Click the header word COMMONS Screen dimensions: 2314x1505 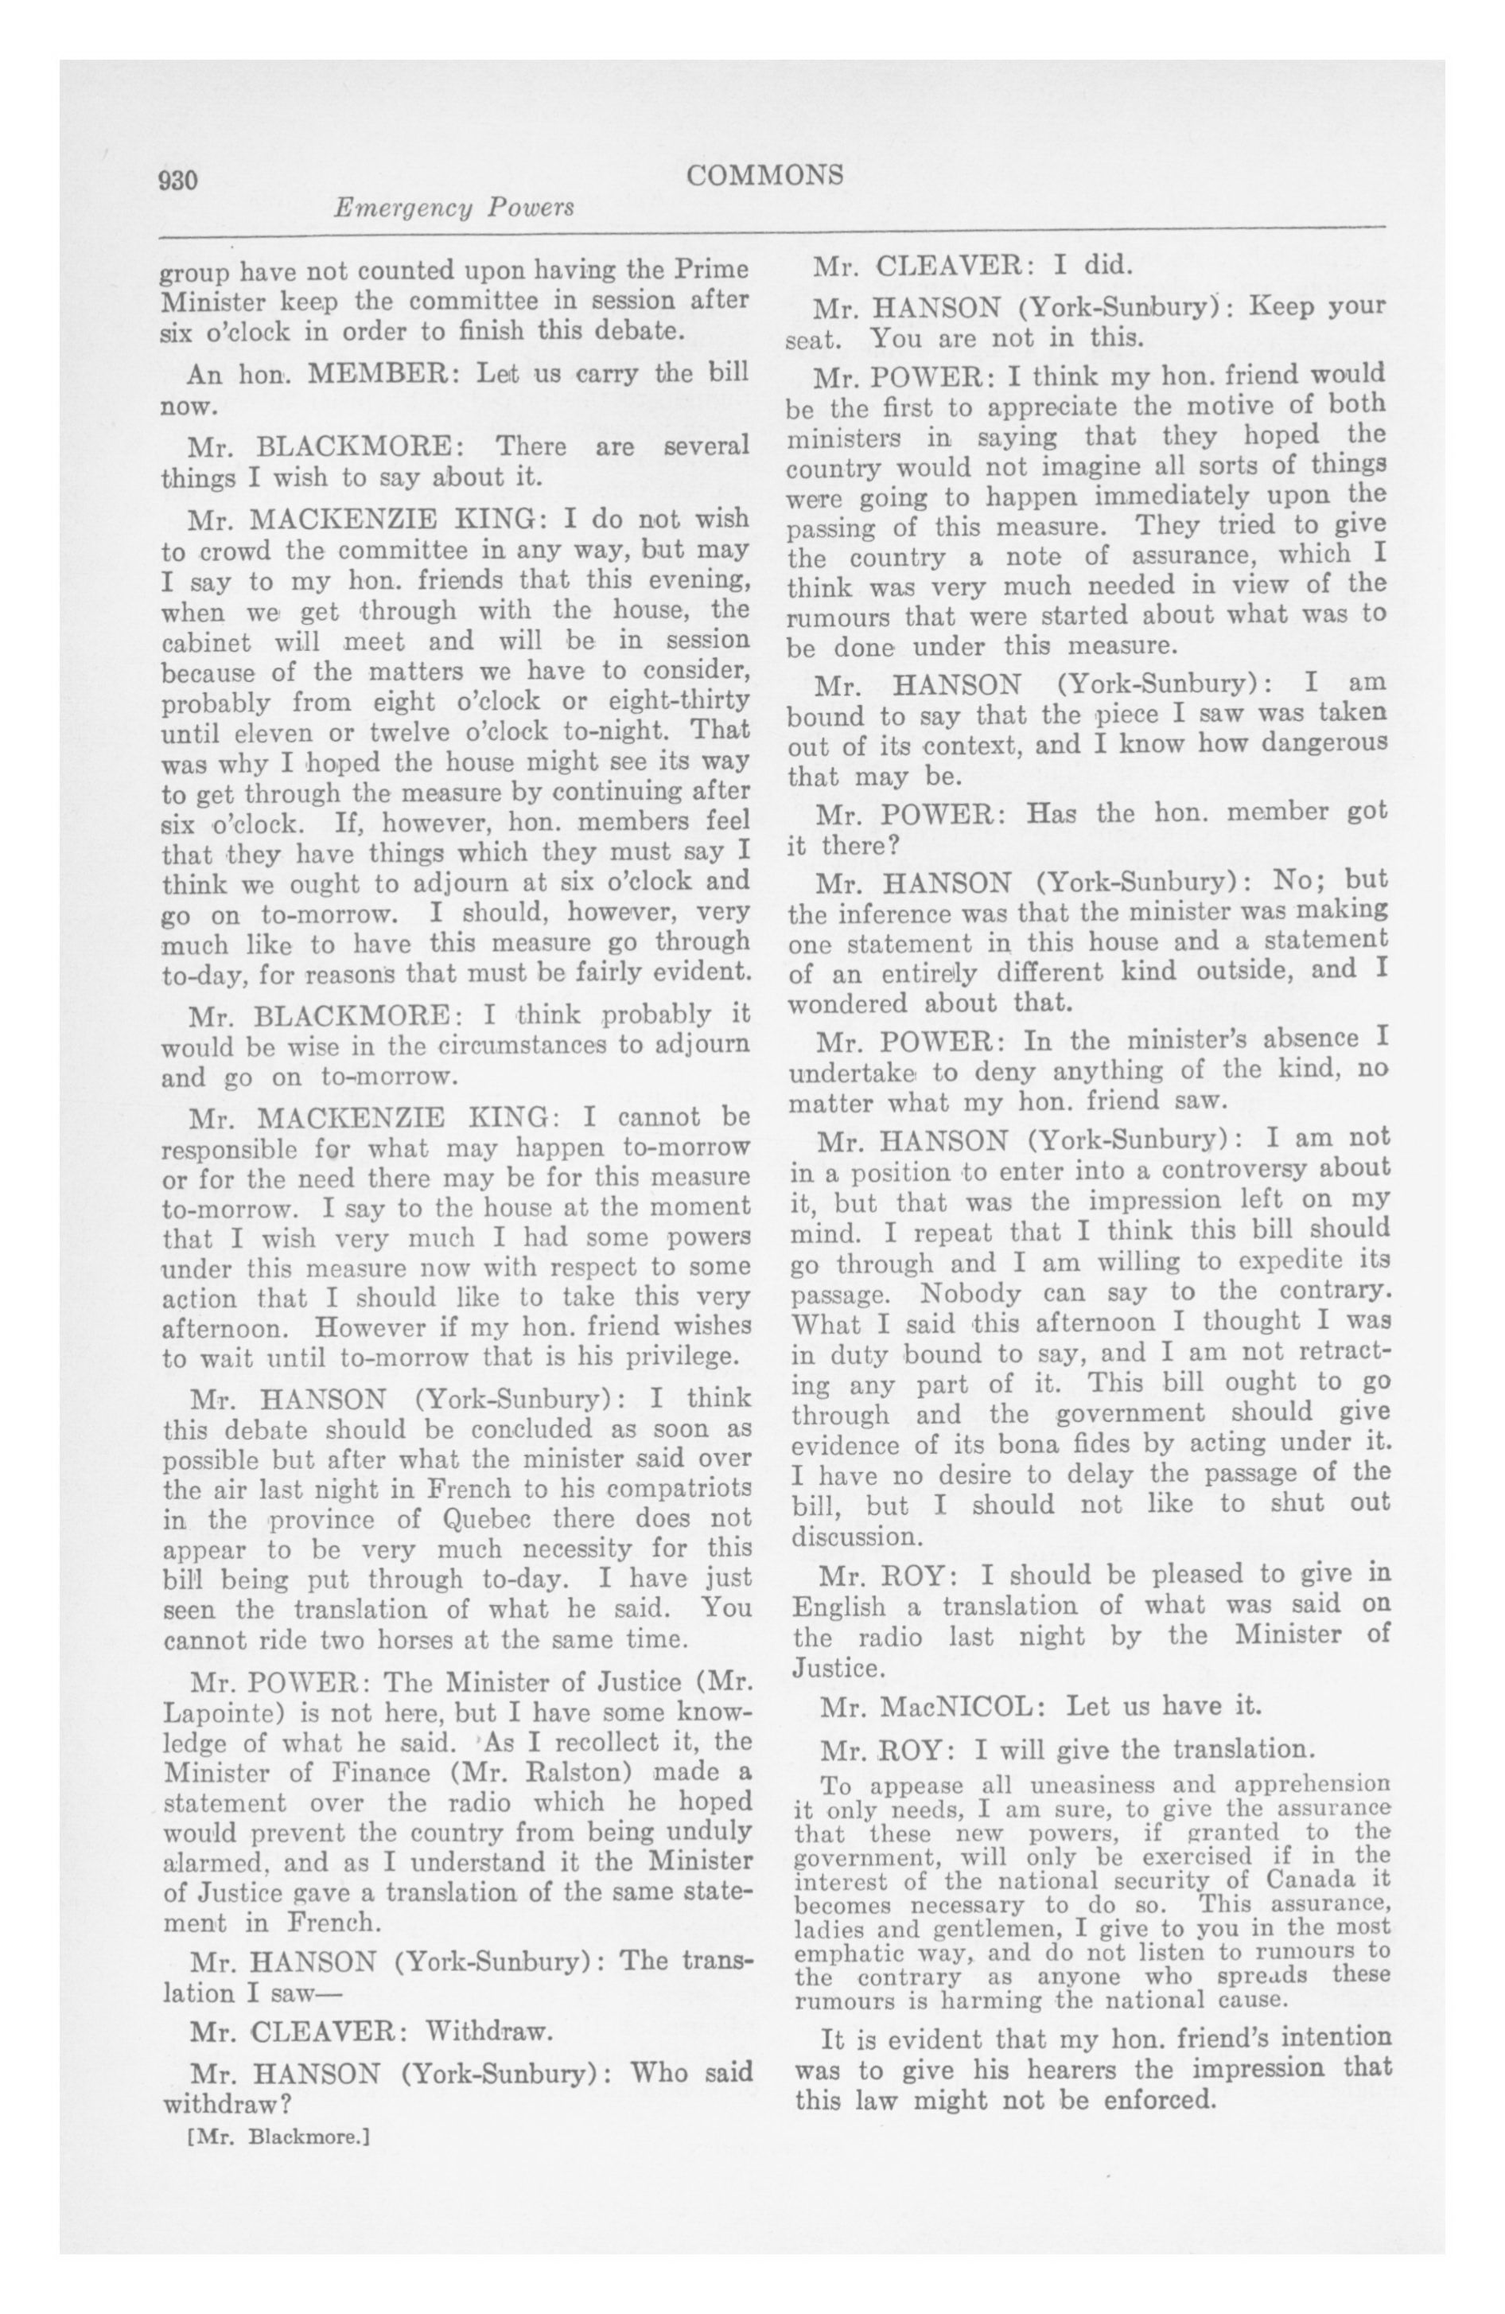[764, 175]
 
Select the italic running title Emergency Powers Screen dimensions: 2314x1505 [453, 207]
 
